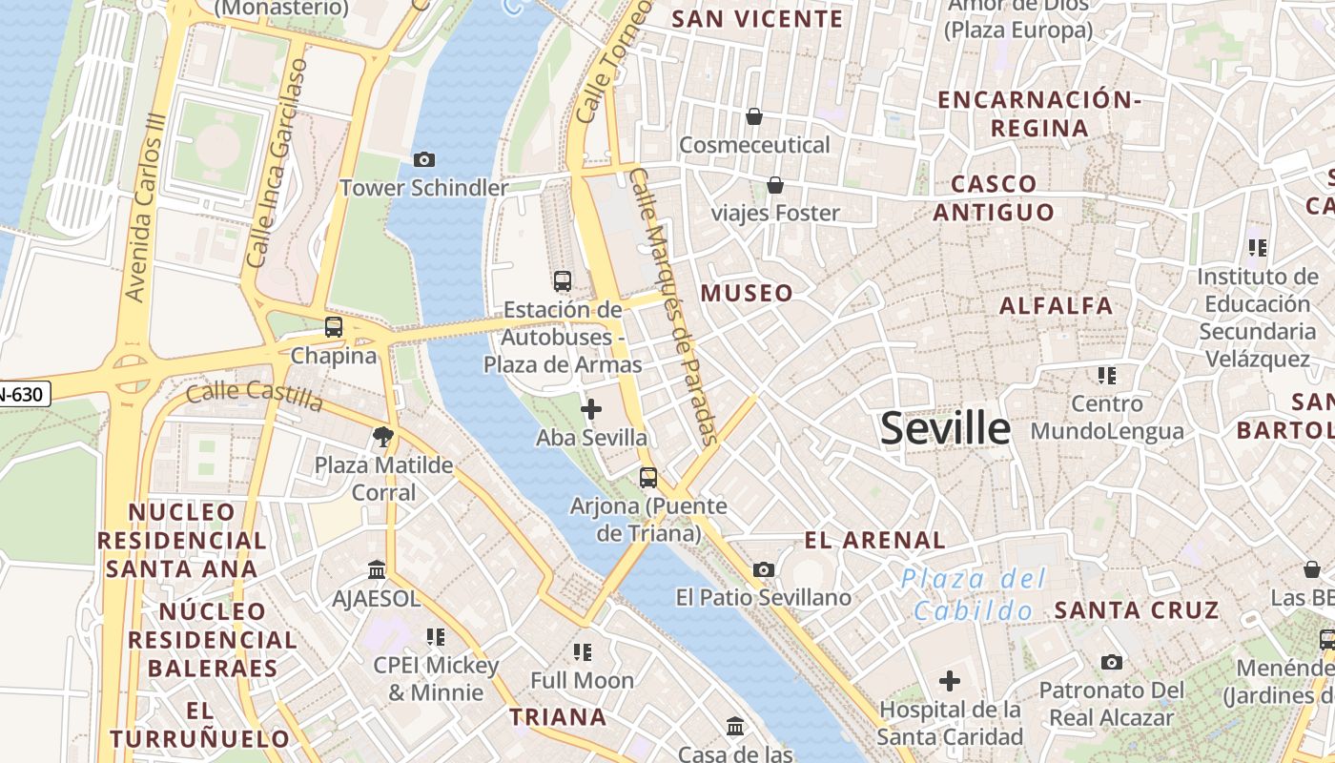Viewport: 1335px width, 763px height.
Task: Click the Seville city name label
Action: pos(945,428)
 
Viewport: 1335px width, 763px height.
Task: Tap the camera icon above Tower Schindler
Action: pos(424,159)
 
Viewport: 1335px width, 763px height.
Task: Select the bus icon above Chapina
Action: pos(334,327)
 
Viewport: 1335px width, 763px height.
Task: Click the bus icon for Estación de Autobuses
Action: pos(563,281)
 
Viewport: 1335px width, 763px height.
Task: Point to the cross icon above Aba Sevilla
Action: pos(591,409)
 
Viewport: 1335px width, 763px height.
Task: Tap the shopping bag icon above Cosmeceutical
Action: pos(754,116)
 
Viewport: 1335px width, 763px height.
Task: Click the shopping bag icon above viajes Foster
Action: pos(775,184)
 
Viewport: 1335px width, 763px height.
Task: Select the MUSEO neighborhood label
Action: pos(747,293)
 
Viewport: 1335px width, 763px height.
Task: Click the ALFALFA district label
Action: pos(1056,306)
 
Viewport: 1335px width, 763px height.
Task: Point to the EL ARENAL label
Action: pos(874,541)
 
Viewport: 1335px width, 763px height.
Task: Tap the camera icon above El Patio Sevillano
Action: pos(763,570)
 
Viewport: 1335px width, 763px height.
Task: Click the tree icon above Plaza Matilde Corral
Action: pos(383,437)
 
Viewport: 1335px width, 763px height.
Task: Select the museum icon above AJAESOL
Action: pos(377,570)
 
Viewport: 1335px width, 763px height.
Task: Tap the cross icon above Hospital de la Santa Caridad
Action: pos(950,681)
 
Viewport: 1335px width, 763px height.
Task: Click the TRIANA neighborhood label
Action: pos(558,717)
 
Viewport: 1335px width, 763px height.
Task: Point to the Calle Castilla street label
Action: pos(255,393)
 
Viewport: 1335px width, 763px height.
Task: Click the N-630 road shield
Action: pos(23,393)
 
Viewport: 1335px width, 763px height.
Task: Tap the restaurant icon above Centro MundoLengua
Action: pos(1106,376)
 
